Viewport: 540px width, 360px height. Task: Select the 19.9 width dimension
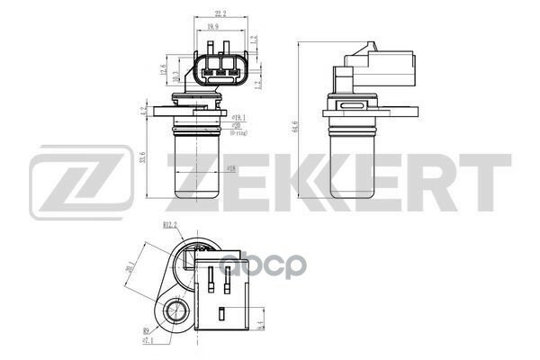coord(212,29)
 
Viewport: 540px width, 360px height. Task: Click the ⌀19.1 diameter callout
coord(239,118)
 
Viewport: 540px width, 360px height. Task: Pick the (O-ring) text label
coord(240,132)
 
